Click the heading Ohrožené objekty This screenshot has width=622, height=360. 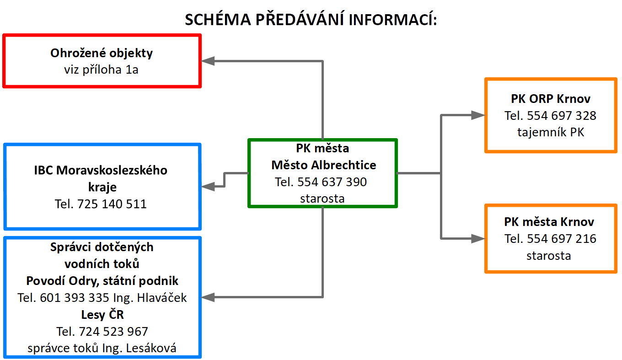pos(102,53)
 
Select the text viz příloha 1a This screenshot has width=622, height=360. pos(102,70)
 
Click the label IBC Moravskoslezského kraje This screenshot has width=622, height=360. pos(101,178)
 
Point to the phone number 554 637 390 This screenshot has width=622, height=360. pos(332,182)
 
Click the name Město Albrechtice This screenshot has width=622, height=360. pos(324,165)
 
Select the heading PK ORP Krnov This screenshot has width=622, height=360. pos(551,99)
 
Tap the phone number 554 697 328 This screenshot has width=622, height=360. pos(562,116)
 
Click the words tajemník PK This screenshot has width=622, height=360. pos(551,133)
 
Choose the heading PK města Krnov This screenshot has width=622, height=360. pos(549,222)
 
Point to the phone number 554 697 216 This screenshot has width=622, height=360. pos(562,239)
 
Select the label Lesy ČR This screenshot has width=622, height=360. pos(102,315)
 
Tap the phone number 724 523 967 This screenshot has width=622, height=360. pos(113,331)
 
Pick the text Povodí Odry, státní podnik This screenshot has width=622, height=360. pos(102,281)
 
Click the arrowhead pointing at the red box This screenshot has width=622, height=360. pos(209,61)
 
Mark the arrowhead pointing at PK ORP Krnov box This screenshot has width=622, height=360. pos(477,115)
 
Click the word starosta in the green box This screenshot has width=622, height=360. pos(322,199)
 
